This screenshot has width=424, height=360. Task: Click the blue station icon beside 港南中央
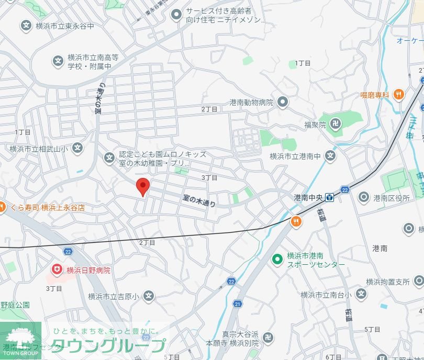point(329,197)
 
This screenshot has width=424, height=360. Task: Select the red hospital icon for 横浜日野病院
point(57,270)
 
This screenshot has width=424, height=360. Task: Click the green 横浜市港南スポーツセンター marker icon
point(277,260)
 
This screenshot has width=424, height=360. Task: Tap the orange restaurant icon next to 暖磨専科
point(399,95)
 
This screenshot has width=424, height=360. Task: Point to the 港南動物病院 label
point(251,103)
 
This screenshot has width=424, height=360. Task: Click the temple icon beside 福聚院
point(338,125)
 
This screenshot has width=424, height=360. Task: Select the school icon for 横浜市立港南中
point(330,155)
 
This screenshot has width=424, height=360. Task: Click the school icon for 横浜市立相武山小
point(77,149)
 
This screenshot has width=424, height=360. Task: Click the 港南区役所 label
point(392,197)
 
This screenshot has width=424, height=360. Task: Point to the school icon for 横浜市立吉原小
point(149,297)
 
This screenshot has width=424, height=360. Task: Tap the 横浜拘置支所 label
point(388,282)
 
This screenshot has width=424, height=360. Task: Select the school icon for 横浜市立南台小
point(361,295)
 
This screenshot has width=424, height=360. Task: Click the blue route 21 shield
point(238,304)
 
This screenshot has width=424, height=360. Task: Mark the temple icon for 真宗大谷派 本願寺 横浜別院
point(267,339)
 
